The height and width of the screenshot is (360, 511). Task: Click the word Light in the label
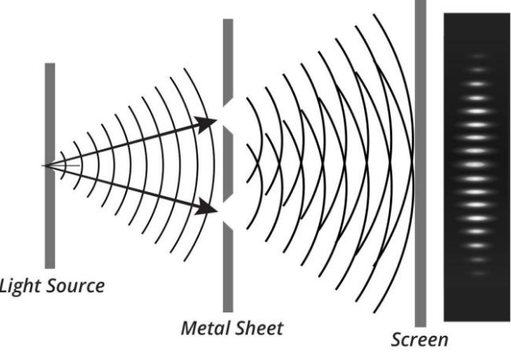[x=20, y=287]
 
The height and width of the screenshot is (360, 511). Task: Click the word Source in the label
[x=76, y=286]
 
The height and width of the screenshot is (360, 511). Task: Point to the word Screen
[x=420, y=340]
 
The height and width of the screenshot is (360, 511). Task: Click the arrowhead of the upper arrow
[x=207, y=123]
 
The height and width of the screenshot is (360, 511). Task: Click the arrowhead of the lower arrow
[x=207, y=207]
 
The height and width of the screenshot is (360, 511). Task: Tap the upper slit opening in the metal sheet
[x=228, y=115]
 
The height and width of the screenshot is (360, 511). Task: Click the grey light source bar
[x=50, y=165]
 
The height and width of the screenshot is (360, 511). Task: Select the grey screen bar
[x=421, y=163]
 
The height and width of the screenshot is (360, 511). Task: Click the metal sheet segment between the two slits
[x=228, y=164]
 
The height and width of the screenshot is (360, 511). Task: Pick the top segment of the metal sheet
[x=228, y=62]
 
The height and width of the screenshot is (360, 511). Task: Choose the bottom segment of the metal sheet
[x=228, y=267]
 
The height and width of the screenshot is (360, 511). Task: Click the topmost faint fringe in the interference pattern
[x=477, y=56]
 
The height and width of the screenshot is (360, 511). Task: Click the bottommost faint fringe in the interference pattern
[x=477, y=273]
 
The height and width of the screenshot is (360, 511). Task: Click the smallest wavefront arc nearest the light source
[x=64, y=165]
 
